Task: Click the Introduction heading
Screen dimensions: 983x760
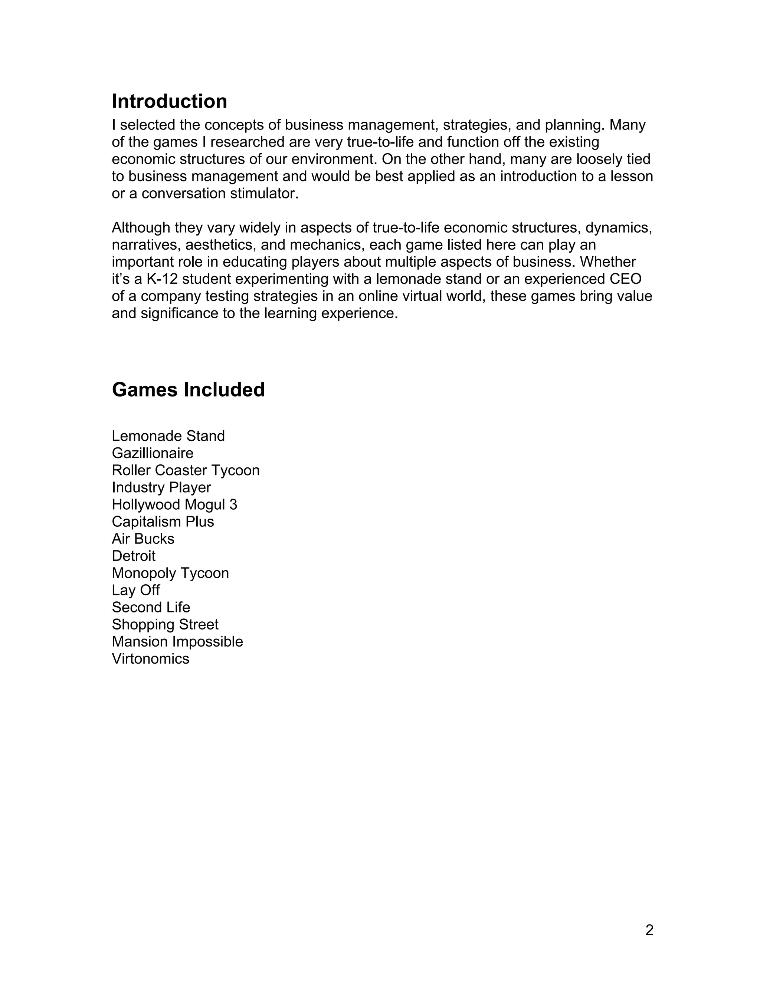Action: [169, 101]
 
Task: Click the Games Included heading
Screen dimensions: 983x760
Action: [188, 390]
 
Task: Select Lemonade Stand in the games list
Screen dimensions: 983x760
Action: [168, 436]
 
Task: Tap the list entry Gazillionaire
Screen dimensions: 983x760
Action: [153, 453]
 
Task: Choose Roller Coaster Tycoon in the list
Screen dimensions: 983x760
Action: [186, 470]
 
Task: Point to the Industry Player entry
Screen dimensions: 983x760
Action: [161, 487]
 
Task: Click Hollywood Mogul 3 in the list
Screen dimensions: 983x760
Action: [174, 504]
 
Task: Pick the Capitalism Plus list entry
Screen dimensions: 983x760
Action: [163, 522]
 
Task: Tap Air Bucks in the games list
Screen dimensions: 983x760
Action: [143, 539]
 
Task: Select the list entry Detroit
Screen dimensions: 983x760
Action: [133, 556]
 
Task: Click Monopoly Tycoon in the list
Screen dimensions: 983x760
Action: [170, 573]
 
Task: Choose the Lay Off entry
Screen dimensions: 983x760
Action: [135, 590]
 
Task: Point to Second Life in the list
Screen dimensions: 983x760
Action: [151, 607]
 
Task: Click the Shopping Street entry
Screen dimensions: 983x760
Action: [165, 624]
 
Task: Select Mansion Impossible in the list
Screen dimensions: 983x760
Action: [177, 641]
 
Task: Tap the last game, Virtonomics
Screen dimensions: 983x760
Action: [150, 658]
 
